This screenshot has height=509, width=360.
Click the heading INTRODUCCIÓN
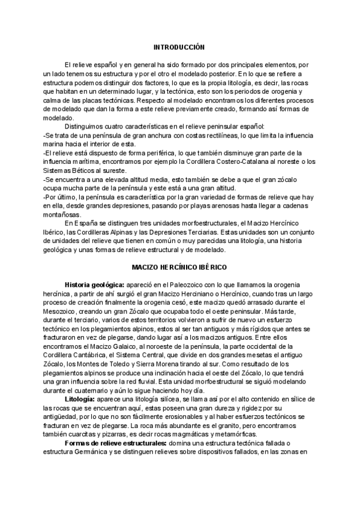pos(179,47)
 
